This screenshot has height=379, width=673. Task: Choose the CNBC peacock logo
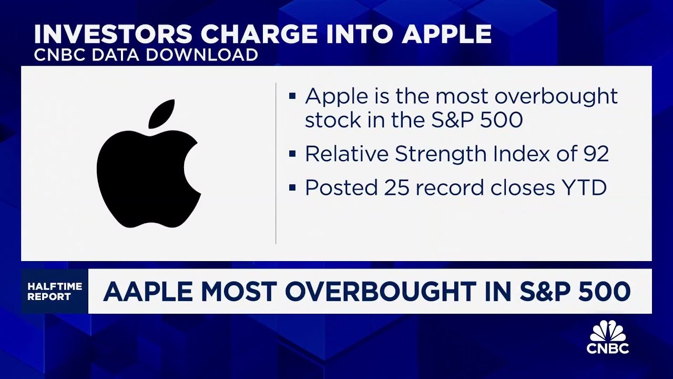coord(608,332)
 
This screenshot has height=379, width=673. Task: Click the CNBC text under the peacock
coord(608,348)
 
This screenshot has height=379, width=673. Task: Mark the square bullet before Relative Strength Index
coord(292,154)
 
